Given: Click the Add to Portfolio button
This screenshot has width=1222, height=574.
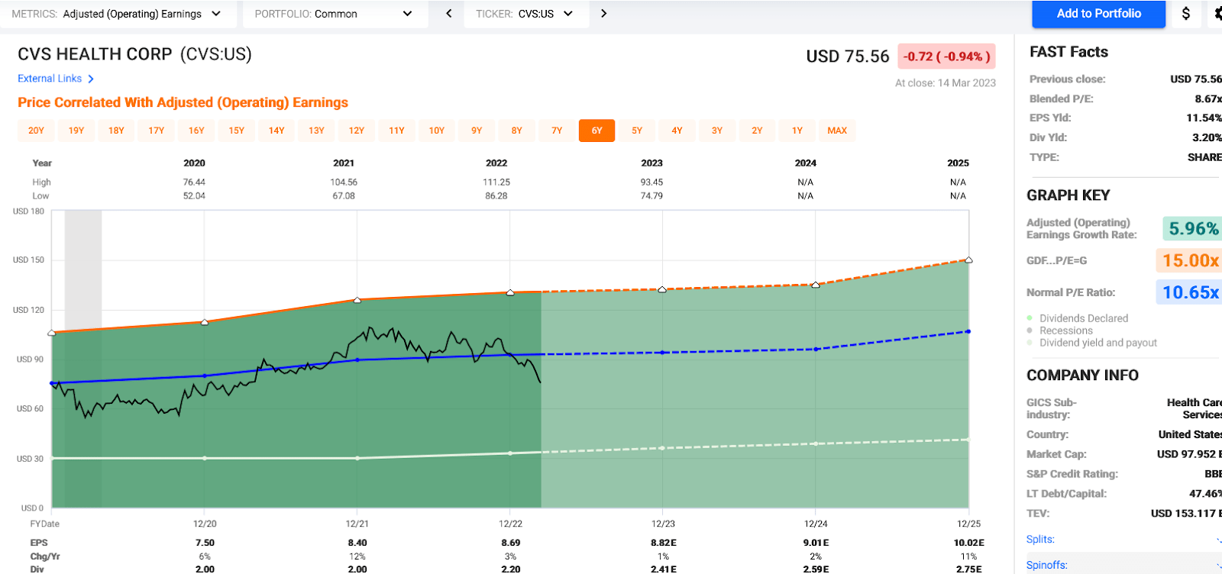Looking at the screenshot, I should (x=1098, y=14).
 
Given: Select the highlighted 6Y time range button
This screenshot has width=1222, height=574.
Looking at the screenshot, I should (x=596, y=131).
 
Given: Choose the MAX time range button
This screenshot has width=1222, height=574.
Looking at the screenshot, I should (x=837, y=131).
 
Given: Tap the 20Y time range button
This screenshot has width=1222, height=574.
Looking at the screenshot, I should (x=36, y=131).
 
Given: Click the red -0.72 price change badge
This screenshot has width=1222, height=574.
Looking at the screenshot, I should (x=946, y=56).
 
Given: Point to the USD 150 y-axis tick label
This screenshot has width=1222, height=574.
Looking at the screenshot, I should (x=28, y=260).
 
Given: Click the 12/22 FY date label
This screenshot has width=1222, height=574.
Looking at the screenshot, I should (x=510, y=524).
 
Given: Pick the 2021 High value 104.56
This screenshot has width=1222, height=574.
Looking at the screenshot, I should (x=344, y=182).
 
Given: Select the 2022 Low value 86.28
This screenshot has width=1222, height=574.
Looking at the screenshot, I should (x=496, y=196).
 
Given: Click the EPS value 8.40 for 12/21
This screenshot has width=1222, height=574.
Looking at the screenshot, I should (x=357, y=543).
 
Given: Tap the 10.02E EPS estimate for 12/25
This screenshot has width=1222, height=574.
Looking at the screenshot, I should (x=968, y=543).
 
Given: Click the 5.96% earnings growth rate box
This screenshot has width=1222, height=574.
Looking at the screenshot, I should (x=1193, y=228).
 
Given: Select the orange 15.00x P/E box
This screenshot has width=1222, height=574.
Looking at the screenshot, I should (x=1190, y=261).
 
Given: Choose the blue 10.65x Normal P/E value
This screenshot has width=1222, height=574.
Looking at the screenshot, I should (x=1190, y=292).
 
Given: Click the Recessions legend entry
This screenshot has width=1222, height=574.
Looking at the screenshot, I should (x=1065, y=331).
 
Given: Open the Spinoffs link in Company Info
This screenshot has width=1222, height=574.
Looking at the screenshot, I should (x=1047, y=565).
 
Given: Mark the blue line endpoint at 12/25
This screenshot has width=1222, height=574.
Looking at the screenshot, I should (x=968, y=331).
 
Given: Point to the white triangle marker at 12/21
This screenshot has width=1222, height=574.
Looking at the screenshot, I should (x=357, y=300).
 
